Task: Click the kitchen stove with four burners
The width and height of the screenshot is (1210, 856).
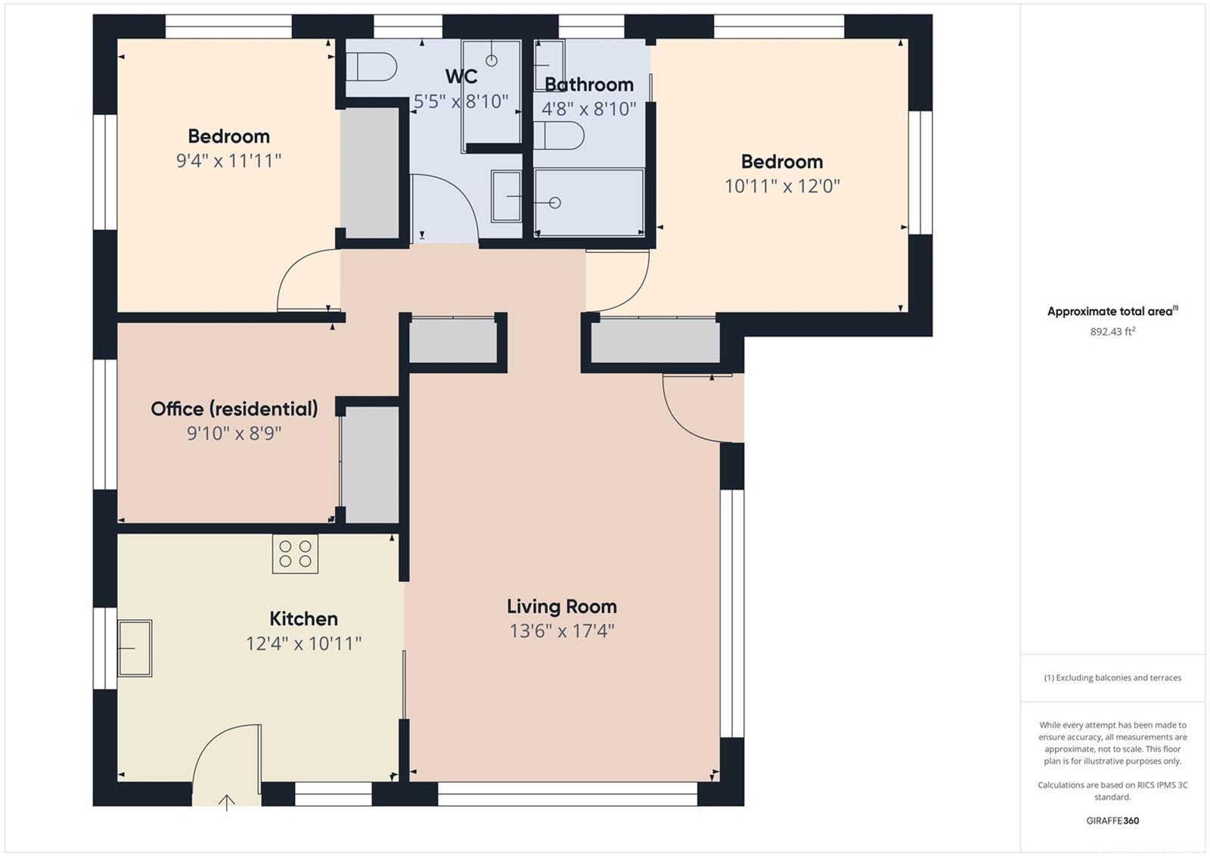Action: pyautogui.click(x=295, y=553)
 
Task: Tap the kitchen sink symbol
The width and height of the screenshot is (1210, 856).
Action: pyautogui.click(x=135, y=648)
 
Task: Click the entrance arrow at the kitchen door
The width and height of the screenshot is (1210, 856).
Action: pyautogui.click(x=227, y=802)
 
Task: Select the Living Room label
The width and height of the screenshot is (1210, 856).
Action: pyautogui.click(x=562, y=606)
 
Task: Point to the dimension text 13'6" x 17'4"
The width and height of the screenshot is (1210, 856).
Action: pyautogui.click(x=562, y=631)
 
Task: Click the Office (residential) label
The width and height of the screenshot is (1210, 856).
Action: pyautogui.click(x=234, y=409)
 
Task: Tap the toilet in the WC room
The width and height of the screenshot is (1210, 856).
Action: pyautogui.click(x=371, y=67)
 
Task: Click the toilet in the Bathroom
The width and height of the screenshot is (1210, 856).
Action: pyautogui.click(x=559, y=135)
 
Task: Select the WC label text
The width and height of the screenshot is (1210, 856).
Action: pyautogui.click(x=461, y=76)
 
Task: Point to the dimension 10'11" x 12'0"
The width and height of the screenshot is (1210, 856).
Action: pyautogui.click(x=782, y=186)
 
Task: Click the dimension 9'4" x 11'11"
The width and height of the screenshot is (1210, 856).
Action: pyautogui.click(x=228, y=160)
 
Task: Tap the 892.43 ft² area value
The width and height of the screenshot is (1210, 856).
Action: pyautogui.click(x=1112, y=332)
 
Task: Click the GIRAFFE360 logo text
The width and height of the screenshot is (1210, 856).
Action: pyautogui.click(x=1112, y=820)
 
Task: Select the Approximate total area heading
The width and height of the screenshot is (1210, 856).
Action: pyautogui.click(x=1112, y=311)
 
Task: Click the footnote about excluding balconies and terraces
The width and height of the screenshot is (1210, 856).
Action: pyautogui.click(x=1112, y=677)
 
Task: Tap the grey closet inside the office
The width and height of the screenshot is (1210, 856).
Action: pyautogui.click(x=371, y=465)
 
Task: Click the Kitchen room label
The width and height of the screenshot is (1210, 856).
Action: pyautogui.click(x=303, y=618)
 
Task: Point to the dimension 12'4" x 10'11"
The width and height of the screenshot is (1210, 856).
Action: pyautogui.click(x=303, y=643)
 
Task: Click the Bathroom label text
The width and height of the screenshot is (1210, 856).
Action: pyautogui.click(x=589, y=84)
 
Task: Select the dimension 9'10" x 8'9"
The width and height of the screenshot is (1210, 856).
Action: pyautogui.click(x=234, y=433)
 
